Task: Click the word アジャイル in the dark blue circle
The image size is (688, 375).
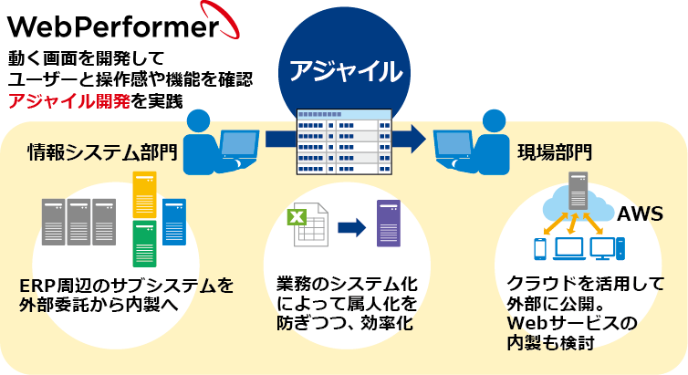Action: click(345, 71)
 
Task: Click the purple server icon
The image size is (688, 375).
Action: click(389, 224)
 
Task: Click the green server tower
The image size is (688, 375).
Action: click(144, 243)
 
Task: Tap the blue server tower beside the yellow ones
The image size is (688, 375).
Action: click(174, 220)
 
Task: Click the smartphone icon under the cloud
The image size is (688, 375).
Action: click(538, 247)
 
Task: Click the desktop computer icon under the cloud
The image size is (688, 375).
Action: click(606, 247)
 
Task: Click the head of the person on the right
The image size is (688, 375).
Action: click(493, 123)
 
